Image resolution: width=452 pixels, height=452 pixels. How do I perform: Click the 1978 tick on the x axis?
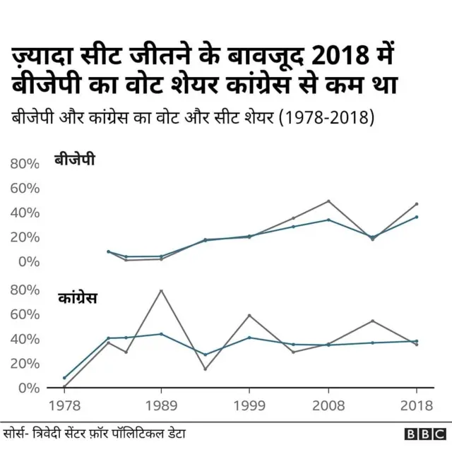[x=64, y=405]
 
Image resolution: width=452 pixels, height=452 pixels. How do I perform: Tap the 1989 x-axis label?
[x=161, y=405]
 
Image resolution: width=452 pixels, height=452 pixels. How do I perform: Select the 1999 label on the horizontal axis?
[x=249, y=405]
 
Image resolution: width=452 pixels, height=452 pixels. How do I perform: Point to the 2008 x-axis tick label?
[x=328, y=405]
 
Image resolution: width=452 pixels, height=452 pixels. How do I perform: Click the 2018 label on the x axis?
[x=415, y=405]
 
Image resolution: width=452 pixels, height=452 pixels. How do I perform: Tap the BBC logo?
[x=424, y=434]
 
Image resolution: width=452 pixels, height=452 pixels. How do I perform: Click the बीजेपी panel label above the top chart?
[x=75, y=160]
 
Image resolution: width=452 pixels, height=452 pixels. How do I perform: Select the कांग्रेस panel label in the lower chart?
[x=78, y=298]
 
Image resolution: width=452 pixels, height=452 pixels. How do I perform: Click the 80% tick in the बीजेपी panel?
[x=25, y=164]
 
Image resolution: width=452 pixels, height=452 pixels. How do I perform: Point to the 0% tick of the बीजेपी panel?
[x=29, y=261]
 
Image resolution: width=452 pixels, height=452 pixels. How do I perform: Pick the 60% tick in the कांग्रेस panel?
[x=25, y=314]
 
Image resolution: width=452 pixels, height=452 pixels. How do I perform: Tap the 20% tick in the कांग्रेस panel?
[x=25, y=363]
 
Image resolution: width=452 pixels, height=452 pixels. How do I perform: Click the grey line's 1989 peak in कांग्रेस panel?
[x=161, y=291]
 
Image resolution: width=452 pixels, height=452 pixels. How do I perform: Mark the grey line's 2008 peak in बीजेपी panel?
[x=328, y=201]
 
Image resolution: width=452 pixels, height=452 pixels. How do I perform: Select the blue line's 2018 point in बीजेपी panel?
[x=416, y=217]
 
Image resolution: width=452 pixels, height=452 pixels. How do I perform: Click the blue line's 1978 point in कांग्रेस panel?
[x=64, y=378]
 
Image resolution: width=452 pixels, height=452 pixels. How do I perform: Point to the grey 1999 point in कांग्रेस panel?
[x=249, y=315]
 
